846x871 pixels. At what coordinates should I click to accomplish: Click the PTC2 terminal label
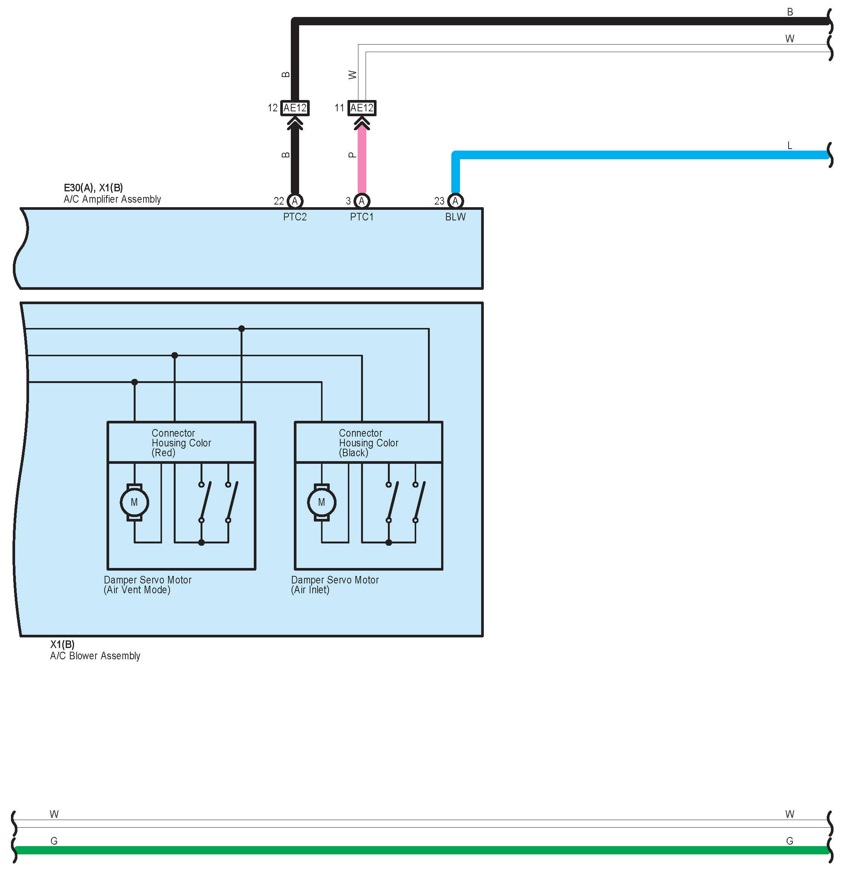(295, 217)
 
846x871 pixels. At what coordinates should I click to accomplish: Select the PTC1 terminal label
(361, 217)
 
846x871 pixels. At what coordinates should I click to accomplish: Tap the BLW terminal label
(455, 217)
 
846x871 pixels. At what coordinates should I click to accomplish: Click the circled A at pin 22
(295, 201)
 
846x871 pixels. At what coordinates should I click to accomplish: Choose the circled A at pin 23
(455, 201)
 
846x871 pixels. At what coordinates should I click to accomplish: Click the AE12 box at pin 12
(295, 108)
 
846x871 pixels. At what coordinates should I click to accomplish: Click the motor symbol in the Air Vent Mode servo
(134, 503)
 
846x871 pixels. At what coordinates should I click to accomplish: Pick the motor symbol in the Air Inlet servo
(321, 503)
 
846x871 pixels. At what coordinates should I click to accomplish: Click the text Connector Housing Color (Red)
(181, 443)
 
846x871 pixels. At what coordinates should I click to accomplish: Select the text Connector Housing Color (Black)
(368, 443)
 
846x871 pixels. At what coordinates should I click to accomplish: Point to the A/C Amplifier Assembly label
(112, 199)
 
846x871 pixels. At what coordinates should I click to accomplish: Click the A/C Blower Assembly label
(95, 656)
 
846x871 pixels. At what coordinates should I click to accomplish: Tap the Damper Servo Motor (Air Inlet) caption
(335, 585)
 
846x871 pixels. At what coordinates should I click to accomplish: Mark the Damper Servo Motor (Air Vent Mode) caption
(147, 585)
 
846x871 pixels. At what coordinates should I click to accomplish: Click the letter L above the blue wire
(789, 146)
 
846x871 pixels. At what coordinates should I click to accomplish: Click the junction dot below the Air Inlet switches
(389, 543)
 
